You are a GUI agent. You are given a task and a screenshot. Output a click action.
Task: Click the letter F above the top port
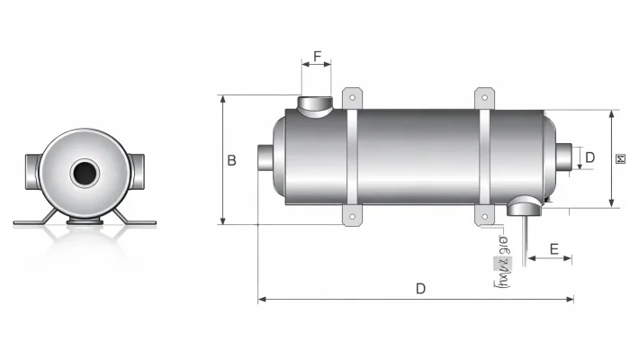pyautogui.click(x=317, y=58)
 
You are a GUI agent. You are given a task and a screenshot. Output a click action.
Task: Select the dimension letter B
pyautogui.click(x=231, y=160)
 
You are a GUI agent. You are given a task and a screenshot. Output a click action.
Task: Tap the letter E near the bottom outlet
pyautogui.click(x=553, y=248)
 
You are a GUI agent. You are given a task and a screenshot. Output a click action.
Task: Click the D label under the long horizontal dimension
pyautogui.click(x=419, y=288)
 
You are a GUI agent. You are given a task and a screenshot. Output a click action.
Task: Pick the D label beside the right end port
pyautogui.click(x=589, y=157)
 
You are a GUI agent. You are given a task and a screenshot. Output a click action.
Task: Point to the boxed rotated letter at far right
pyautogui.click(x=620, y=159)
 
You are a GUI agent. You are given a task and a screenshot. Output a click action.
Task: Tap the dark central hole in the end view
pyautogui.click(x=85, y=172)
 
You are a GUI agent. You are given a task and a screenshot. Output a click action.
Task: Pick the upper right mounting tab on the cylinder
pyautogui.click(x=485, y=98)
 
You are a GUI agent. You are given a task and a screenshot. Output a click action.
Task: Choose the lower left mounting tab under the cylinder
pyautogui.click(x=352, y=216)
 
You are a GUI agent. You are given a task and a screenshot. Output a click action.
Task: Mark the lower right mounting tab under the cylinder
pyautogui.click(x=485, y=216)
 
